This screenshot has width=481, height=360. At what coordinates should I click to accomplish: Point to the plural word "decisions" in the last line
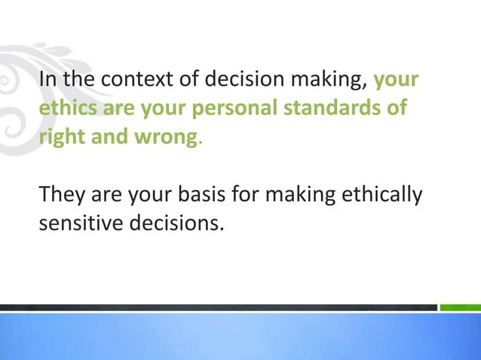pos(176,224)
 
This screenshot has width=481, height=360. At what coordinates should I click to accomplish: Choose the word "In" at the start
pos(45,81)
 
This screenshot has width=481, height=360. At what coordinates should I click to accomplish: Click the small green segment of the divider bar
pos(460,307)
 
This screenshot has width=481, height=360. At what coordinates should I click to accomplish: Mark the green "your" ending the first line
pos(397,81)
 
